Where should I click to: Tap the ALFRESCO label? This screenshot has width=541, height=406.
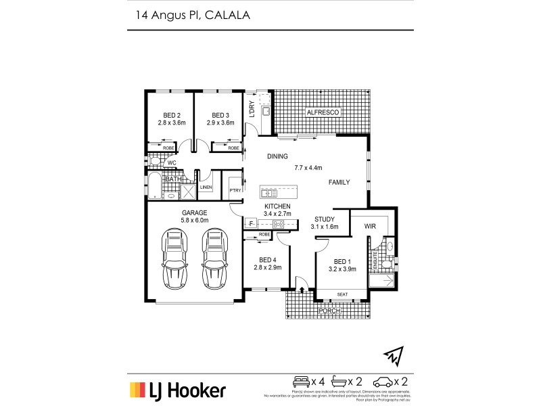pos(323,112)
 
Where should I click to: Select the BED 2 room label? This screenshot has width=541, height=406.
pos(172,118)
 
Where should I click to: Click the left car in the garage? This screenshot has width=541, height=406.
pos(173,258)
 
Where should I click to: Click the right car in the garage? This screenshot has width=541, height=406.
pos(215,258)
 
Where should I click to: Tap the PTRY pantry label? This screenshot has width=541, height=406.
pos(235,190)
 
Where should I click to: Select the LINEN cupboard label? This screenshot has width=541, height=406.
pos(206,187)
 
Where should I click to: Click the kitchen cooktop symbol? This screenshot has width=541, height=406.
pos(277,224)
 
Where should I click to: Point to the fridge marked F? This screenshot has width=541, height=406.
pos(251,223)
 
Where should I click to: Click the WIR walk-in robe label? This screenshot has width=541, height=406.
pos(370,226)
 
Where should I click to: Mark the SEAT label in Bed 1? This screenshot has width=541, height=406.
pos(344,294)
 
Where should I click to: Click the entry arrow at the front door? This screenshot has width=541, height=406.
pos(302,290)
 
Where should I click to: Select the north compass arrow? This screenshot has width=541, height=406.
pos(393,353)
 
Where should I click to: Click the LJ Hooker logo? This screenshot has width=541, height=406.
pos(178,390)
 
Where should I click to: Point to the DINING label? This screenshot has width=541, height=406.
pos(277,156)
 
